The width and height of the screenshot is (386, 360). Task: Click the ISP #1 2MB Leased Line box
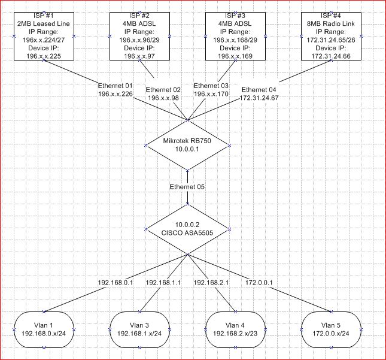44,35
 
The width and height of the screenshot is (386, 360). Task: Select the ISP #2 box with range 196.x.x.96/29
140,35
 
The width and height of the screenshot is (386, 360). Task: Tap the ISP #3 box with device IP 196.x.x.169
235,35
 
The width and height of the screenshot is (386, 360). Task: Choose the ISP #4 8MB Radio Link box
331,35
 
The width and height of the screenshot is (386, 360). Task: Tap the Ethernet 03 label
212,86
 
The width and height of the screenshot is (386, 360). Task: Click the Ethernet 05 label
188,187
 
